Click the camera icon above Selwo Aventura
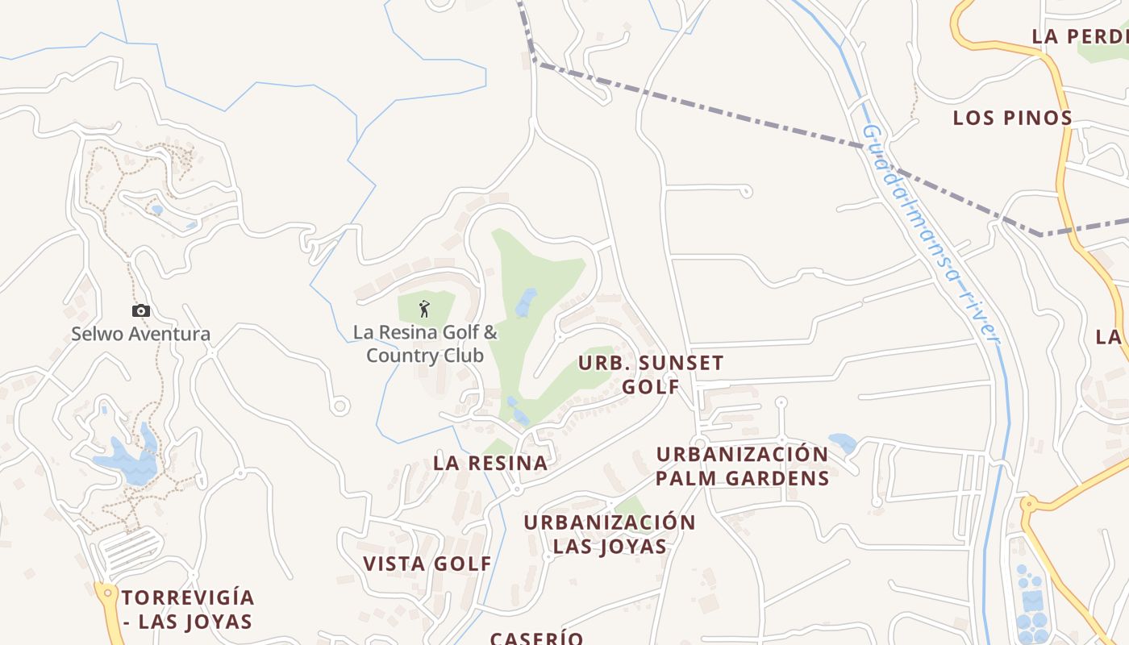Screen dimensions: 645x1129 (141, 310)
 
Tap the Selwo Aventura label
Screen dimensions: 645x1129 (140, 334)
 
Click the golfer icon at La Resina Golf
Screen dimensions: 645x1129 (424, 308)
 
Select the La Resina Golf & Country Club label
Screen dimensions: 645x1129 (425, 343)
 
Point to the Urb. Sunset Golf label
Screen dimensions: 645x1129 (651, 374)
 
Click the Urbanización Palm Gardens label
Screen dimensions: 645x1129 (742, 466)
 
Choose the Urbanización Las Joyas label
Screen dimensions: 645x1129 (610, 534)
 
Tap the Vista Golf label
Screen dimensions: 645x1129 (427, 564)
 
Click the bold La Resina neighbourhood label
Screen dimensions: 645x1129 (490, 463)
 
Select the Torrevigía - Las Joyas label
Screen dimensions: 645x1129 (188, 610)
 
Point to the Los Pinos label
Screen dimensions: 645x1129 (1013, 118)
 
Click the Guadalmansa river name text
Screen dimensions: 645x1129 (931, 234)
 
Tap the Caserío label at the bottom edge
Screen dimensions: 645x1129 (537, 638)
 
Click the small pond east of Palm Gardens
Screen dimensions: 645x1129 (843, 443)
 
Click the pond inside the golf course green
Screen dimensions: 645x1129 (526, 302)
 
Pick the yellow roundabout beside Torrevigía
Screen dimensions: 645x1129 (107, 593)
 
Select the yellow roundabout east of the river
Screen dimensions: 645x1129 (1027, 505)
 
